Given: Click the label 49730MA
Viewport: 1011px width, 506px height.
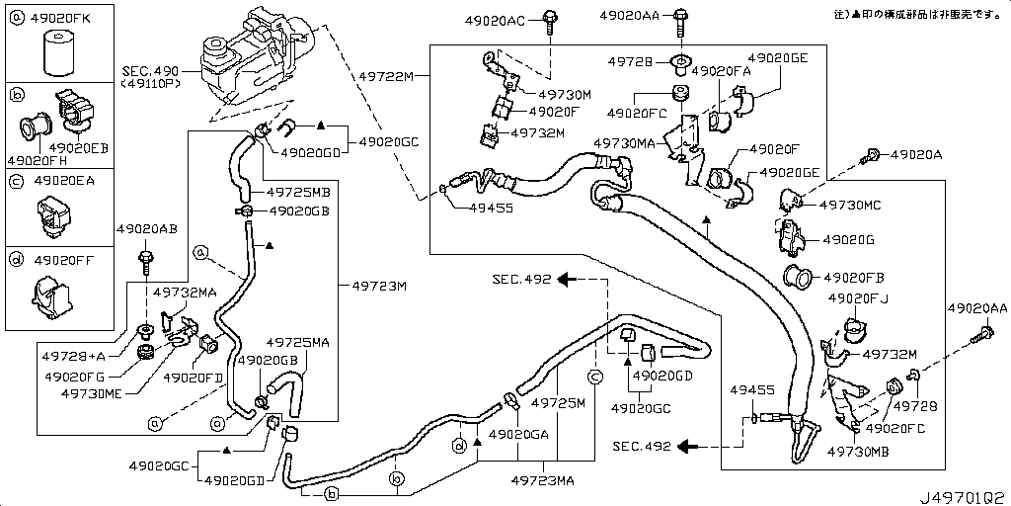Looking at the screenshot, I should point(624,143).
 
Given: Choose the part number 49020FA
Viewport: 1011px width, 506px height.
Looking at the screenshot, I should point(721,71).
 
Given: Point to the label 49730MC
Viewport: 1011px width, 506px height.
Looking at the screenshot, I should point(850,205).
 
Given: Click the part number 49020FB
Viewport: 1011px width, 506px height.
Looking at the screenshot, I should point(855,278).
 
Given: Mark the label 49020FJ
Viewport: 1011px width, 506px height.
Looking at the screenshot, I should point(858,297).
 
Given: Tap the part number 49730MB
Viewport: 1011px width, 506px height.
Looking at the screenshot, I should point(859,451).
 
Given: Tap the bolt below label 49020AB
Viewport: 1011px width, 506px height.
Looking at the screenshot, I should point(146,261).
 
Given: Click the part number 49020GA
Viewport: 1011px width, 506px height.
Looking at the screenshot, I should point(519,434).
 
